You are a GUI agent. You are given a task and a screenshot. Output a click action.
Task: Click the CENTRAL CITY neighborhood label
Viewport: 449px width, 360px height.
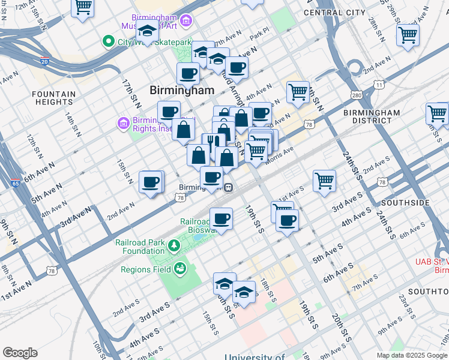[334, 12]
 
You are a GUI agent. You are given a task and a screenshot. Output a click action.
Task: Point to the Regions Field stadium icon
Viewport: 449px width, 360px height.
[179, 269]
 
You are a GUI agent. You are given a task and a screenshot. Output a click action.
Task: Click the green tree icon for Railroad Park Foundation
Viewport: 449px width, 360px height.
[173, 245]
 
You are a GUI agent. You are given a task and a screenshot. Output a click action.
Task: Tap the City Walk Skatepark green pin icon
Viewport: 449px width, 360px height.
[109, 41]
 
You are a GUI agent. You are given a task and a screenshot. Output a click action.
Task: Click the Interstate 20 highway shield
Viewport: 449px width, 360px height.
[44, 61]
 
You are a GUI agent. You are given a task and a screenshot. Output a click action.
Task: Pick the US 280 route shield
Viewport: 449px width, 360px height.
[357, 95]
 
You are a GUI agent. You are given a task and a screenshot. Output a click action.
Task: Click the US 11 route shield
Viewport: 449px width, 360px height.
[378, 85]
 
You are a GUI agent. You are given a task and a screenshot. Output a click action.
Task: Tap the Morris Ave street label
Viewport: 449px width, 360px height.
[280, 157]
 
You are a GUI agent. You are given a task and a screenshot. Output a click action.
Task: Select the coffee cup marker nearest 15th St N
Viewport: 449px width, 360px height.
[151, 181]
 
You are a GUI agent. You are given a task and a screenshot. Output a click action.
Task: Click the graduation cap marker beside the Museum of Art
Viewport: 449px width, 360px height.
[146, 31]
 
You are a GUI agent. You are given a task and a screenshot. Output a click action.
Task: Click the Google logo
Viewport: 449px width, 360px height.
[20, 353]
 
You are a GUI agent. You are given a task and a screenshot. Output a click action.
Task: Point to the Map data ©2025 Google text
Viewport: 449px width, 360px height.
[411, 355]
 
